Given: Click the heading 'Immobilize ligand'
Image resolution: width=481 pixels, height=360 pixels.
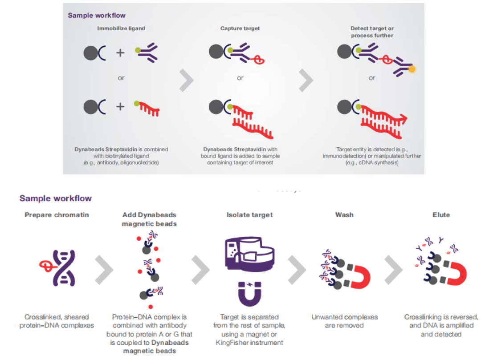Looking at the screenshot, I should point(121,28).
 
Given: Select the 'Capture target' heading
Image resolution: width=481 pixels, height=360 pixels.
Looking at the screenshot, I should point(240,28).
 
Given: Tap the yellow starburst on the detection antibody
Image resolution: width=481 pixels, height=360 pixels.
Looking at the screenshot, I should point(412,70).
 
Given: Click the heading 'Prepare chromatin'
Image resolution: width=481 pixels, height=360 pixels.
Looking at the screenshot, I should point(57,215).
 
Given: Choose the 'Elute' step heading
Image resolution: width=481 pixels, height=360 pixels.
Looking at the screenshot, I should point(441,215).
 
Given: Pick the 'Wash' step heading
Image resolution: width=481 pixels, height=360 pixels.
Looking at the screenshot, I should point(344,215).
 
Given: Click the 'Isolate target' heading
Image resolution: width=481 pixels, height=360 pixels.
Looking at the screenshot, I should point(249,215).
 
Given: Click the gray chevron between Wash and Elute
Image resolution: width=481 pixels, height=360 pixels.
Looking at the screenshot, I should point(393,269).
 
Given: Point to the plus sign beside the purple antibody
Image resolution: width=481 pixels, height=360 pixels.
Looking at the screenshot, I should point(121,53).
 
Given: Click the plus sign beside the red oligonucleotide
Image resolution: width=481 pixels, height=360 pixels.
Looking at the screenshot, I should point(121,107).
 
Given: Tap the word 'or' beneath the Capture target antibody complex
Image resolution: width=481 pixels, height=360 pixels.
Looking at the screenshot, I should point(240,78).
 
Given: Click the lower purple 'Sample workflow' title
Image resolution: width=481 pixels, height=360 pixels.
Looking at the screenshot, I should point(56,198).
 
